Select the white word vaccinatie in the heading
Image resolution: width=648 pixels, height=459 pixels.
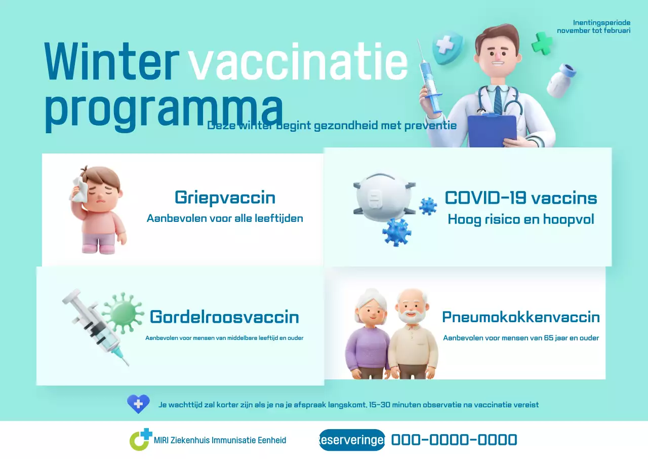pos(298,63)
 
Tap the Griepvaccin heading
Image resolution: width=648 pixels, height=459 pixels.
pos(225,197)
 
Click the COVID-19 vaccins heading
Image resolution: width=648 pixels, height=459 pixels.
pos(520,198)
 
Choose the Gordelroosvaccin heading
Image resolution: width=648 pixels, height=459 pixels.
pos(224,317)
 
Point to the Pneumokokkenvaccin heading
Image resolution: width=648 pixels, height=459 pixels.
pos(520,317)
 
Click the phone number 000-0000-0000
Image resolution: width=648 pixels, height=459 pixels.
pos(454,440)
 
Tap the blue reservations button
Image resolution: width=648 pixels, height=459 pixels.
pos(352,440)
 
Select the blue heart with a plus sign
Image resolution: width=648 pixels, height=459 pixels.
pos(138,404)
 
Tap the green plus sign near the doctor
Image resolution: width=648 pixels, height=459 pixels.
pos(542,43)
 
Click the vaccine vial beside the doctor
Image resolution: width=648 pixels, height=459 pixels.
pos(561,80)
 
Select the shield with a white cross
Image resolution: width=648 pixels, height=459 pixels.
pos(447,47)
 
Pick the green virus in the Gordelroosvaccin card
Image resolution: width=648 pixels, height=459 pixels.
pos(123,310)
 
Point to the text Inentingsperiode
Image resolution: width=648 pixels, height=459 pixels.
pos(601,23)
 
